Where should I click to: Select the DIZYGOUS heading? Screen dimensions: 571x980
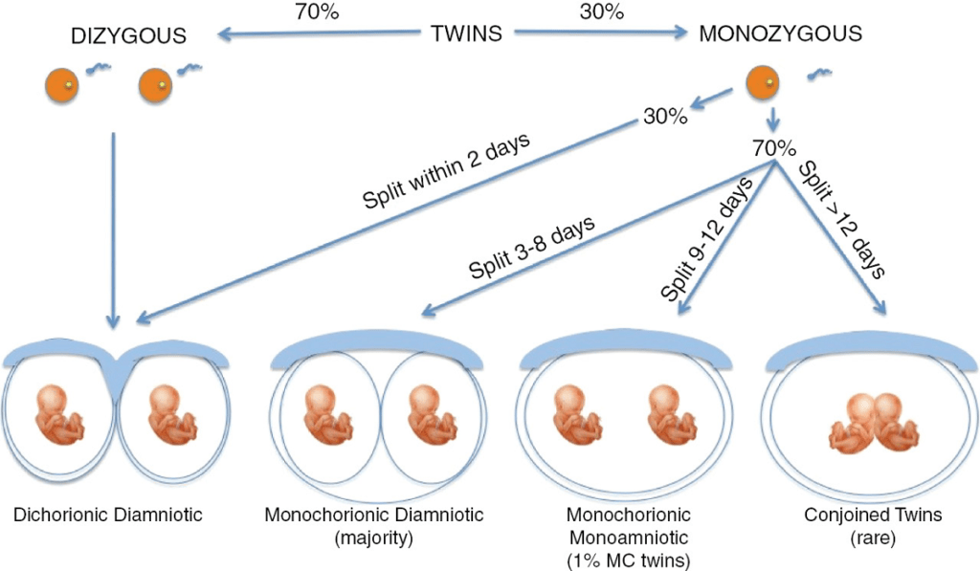pyautogui.click(x=126, y=37)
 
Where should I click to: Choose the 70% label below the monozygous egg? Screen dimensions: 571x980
pyautogui.click(x=774, y=150)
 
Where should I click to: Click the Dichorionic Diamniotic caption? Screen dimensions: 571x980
pyautogui.click(x=108, y=516)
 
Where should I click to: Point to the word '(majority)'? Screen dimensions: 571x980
pyautogui.click(x=374, y=538)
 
